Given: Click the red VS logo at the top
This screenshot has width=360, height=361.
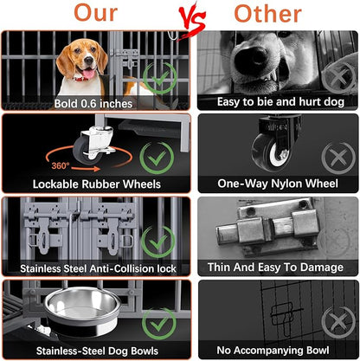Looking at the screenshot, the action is pos(192,19).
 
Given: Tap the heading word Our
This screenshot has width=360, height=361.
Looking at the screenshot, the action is pos(96,13).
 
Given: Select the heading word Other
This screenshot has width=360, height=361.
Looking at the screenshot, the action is pos(268,14).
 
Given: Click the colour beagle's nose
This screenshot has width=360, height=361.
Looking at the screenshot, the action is pos(88,61).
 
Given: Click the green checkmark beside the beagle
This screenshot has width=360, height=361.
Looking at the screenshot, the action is pos(160,78).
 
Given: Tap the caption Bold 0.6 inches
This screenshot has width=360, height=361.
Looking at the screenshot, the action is pos(93,104).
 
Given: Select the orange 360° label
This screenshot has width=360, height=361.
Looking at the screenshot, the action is pos(61,165).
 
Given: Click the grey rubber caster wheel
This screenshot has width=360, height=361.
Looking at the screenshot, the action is pos(83,150).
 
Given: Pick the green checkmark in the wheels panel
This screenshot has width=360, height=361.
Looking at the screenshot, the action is pos(157,158).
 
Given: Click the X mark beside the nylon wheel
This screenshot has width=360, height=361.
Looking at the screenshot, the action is pos(338,158).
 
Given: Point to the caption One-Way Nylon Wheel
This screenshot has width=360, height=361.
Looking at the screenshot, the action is pos(278,184).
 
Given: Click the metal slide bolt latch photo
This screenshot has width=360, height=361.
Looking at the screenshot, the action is pos(267,228).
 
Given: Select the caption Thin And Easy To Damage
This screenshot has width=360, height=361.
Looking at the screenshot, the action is pos(275,268).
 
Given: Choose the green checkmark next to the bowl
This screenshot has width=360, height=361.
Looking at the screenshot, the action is pos(159,324).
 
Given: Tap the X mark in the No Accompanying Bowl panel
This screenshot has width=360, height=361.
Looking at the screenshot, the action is pos(338,322).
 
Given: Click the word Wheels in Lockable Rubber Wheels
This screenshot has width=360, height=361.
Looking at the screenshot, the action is pos(142,184).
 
